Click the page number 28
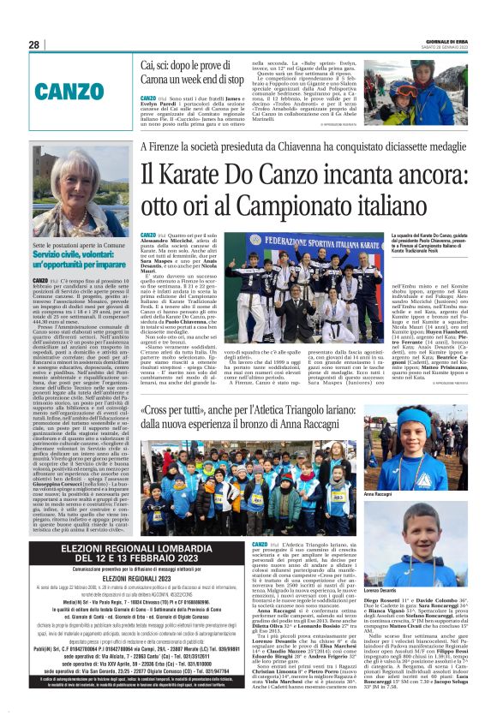pos(34,45)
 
